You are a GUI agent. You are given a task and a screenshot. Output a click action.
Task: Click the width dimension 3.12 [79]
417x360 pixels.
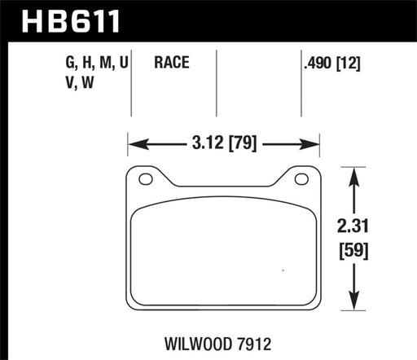[x=222, y=146]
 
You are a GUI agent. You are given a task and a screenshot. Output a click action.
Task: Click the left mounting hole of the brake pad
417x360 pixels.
[x=146, y=180]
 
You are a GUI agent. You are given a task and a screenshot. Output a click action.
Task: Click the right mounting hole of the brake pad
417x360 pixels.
[x=301, y=180]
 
